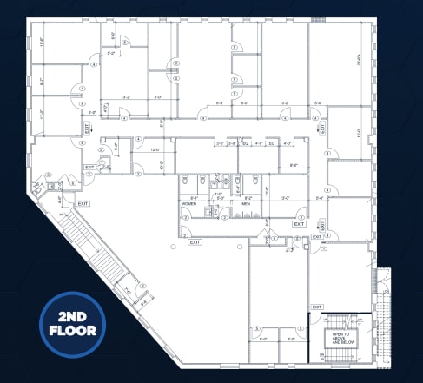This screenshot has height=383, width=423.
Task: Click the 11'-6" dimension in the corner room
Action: coord(43,42)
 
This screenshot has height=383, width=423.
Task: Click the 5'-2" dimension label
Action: coord(111,54)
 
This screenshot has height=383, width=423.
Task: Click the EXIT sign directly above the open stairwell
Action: coord(316,307)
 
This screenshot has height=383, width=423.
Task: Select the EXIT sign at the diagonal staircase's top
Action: coord(83,203)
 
